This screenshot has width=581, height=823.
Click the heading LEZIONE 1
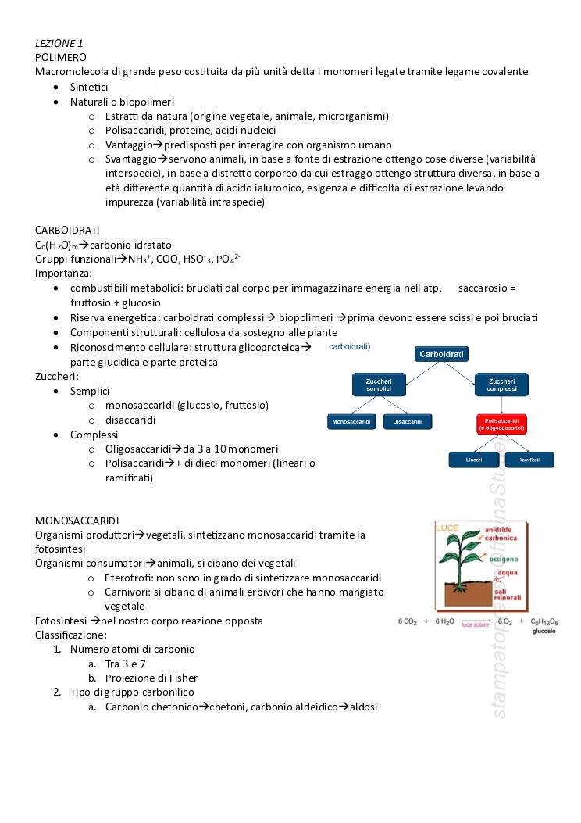pyautogui.click(x=59, y=43)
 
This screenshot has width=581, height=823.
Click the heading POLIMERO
pyautogui.click(x=61, y=57)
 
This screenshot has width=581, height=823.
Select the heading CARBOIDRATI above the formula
pyautogui.click(x=67, y=230)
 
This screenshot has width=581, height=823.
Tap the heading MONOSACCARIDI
pyautogui.click(x=77, y=520)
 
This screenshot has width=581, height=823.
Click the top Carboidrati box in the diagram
pyautogui.click(x=441, y=354)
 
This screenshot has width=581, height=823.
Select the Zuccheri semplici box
pyautogui.click(x=379, y=385)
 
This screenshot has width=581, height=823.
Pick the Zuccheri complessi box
pyautogui.click(x=501, y=385)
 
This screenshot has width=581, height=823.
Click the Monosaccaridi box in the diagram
pyautogui.click(x=351, y=422)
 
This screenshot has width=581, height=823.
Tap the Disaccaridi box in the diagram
pyautogui.click(x=408, y=422)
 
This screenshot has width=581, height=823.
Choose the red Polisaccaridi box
pyautogui.click(x=501, y=424)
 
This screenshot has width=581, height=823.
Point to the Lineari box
pyautogui.click(x=473, y=460)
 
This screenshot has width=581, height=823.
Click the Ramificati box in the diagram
pyautogui.click(x=530, y=460)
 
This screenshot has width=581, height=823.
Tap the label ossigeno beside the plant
pyautogui.click(x=503, y=560)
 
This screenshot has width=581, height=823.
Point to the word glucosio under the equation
pyautogui.click(x=544, y=632)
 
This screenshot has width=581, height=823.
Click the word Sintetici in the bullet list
pyautogui.click(x=89, y=87)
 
